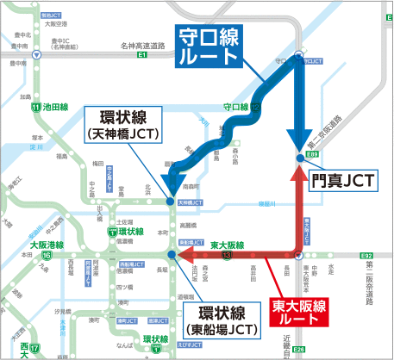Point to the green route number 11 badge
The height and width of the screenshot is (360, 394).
click(35, 108)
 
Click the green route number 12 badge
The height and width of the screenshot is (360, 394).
click(256, 108)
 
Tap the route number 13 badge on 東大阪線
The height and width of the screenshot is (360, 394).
click(227, 255)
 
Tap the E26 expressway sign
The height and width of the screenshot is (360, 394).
click(298, 349)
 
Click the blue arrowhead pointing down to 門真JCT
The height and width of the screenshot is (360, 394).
click(298, 147)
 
